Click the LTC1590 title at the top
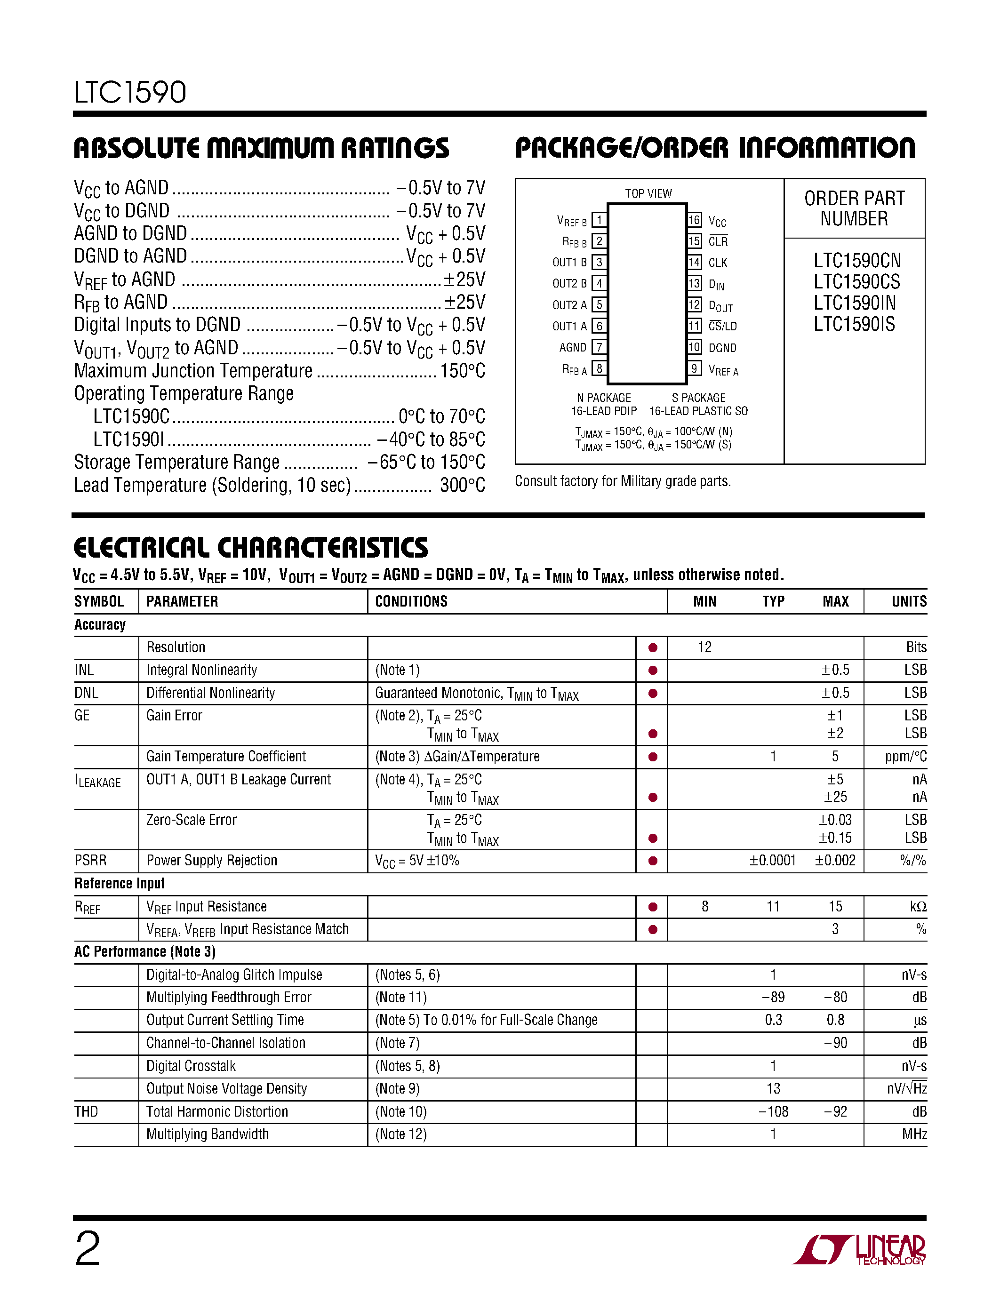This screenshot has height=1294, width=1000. [x=130, y=92]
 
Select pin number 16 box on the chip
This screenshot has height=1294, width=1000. [x=694, y=220]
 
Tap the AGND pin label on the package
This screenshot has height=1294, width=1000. [x=572, y=348]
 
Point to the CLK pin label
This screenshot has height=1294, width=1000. [x=718, y=263]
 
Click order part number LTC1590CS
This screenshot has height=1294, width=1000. [x=856, y=282]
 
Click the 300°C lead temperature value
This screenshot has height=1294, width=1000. [x=462, y=485]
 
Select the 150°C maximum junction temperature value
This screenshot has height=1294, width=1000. [x=462, y=371]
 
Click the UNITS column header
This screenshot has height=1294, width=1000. [x=908, y=601]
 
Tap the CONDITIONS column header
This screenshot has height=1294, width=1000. [x=411, y=601]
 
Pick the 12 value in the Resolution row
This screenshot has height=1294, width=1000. [x=704, y=647]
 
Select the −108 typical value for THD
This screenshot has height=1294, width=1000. [x=773, y=1111]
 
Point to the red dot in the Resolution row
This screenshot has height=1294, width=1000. [x=653, y=647]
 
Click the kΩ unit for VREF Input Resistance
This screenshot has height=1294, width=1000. [x=918, y=907]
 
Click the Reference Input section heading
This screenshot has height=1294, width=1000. [x=119, y=883]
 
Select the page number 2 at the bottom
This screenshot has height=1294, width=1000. [x=88, y=1249]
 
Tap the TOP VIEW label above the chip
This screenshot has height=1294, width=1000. [x=648, y=194]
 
